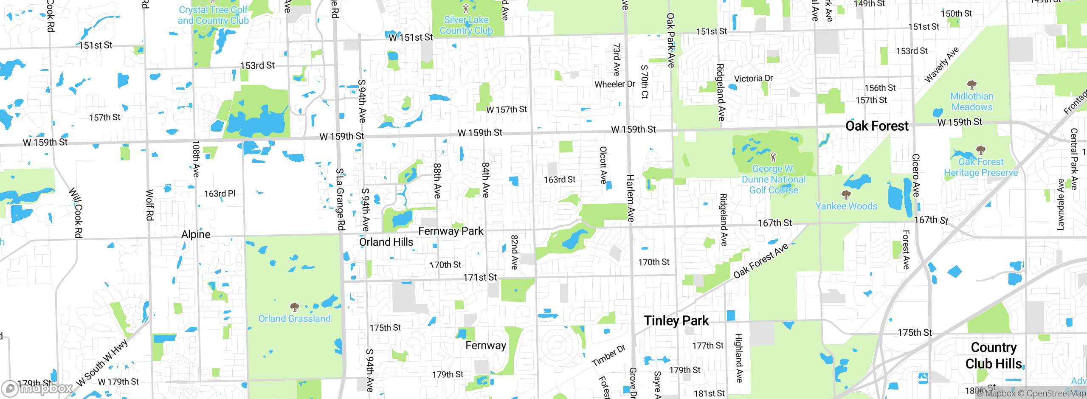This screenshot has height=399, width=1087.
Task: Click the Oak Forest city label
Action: [x=877, y=126]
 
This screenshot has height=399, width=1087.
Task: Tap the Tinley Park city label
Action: [x=676, y=320]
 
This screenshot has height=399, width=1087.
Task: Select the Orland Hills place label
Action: [x=386, y=242]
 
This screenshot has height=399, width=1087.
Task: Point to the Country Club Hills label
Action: [x=994, y=356]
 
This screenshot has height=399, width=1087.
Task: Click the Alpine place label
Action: [x=196, y=234]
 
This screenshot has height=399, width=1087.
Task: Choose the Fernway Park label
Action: [x=451, y=231]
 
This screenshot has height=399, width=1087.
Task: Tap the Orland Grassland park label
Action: [x=294, y=318]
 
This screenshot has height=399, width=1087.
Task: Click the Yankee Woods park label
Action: [x=846, y=206]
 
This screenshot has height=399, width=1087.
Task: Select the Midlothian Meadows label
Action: [x=972, y=101]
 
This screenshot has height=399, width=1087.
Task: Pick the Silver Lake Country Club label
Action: [x=466, y=25]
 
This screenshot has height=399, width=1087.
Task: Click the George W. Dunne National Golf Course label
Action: [x=773, y=179]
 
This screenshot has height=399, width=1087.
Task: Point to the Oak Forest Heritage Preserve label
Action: [x=981, y=167]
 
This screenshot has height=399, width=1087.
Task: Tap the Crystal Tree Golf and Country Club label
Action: [x=213, y=15]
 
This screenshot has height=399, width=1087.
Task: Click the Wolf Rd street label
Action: [x=149, y=205]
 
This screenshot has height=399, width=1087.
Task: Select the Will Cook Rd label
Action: [x=76, y=212]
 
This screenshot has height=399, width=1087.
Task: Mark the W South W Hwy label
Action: [x=102, y=363]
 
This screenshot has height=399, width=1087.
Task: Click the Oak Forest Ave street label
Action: [x=760, y=261]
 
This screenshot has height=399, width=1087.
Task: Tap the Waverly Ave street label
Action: [x=941, y=65]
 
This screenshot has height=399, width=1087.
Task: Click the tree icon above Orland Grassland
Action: [x=294, y=307]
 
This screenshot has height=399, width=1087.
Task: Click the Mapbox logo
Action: [x=37, y=388]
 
